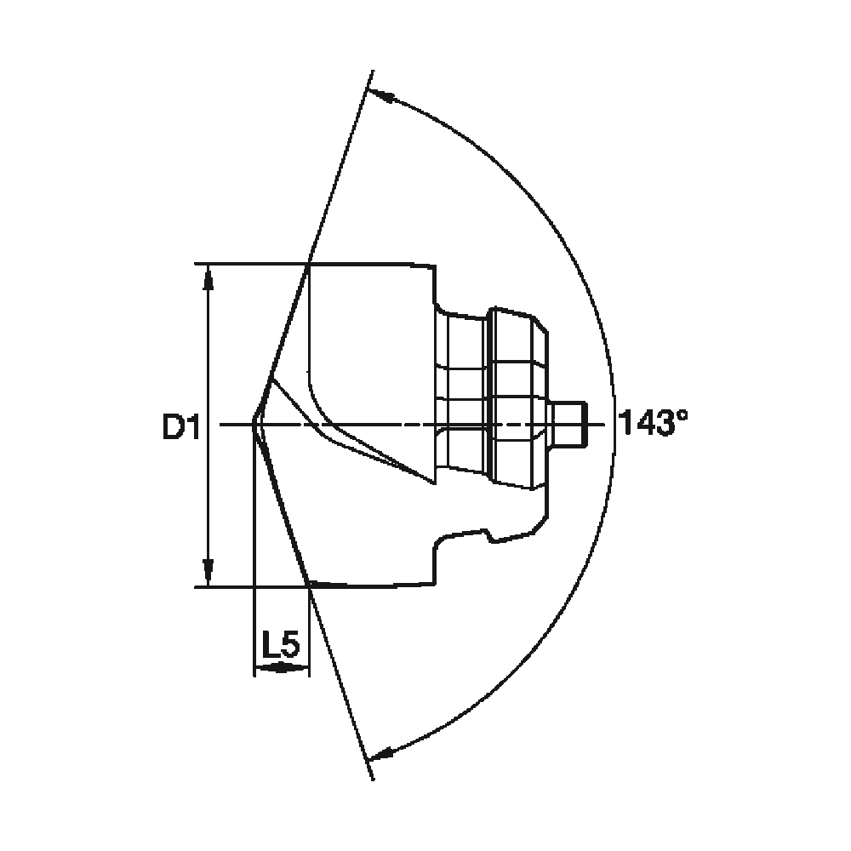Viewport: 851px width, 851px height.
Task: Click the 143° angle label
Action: pyautogui.click(x=653, y=423)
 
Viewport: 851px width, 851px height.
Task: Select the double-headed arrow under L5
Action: pyautogui.click(x=281, y=670)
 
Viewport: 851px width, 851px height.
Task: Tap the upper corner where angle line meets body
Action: pyautogui.click(x=308, y=265)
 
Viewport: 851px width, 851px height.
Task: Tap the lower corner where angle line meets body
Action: pyautogui.click(x=309, y=584)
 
